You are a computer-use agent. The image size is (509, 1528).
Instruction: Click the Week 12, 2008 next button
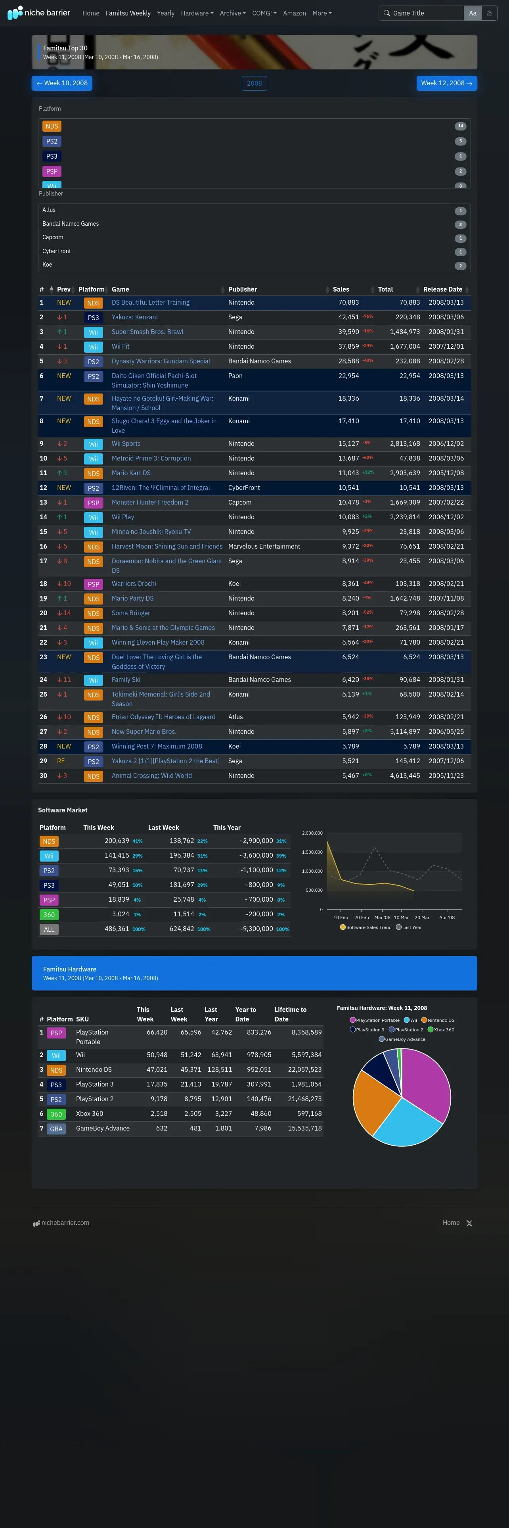coord(446,83)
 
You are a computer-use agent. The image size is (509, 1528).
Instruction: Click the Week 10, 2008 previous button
coord(62,83)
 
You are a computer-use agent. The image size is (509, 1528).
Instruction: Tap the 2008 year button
coord(254,83)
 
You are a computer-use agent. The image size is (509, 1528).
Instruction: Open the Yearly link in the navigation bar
coord(165,13)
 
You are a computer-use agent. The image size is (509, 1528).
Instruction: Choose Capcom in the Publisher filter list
coord(53,237)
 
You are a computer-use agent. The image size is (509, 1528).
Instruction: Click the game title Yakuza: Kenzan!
coord(134,317)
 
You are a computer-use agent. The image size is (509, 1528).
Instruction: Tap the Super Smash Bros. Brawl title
coord(147,332)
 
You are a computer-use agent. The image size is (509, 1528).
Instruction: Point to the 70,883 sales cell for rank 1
coord(348,303)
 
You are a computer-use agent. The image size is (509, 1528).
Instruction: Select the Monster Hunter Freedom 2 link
coord(150,503)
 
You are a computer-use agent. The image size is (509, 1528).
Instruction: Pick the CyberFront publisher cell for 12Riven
coord(244,488)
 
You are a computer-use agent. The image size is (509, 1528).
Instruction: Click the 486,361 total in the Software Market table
coord(117,929)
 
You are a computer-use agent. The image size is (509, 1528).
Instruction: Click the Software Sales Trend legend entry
coord(368,927)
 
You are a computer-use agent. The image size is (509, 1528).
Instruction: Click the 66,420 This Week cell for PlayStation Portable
coord(157,1032)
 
